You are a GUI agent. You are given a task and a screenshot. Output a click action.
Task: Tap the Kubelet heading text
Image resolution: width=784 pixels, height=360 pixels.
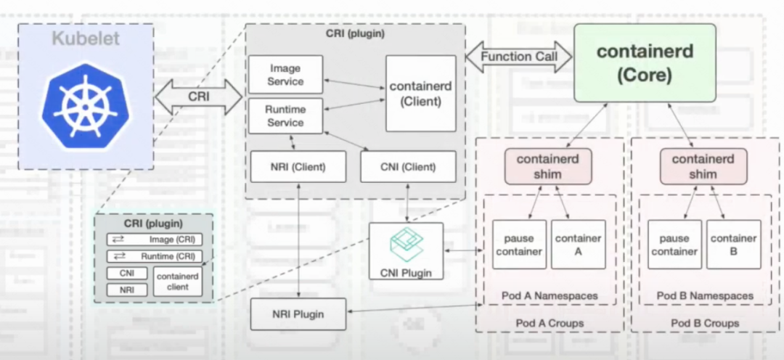86,38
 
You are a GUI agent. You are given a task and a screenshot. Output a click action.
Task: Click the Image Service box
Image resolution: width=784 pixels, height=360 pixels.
285,75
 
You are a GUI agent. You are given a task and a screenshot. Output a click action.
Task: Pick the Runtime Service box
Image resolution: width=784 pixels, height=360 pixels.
285,116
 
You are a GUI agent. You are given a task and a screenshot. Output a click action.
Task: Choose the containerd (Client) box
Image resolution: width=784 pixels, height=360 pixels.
420,94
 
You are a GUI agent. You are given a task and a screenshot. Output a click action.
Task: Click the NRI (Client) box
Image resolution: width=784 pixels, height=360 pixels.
298,167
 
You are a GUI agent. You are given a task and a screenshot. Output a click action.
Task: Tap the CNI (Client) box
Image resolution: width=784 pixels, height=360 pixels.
408,167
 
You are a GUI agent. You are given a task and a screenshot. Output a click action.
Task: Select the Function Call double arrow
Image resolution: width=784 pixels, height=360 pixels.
519,56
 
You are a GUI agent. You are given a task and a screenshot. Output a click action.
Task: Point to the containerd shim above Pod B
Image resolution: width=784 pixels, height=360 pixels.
703,167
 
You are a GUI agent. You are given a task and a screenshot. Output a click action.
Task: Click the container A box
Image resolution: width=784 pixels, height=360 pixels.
578,245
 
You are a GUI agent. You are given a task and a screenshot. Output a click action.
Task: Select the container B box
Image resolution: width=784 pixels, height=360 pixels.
733,245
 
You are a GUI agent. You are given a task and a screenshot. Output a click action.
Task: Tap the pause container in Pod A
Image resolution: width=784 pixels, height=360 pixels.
519,245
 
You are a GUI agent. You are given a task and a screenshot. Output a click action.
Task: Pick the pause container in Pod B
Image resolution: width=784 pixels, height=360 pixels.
674,245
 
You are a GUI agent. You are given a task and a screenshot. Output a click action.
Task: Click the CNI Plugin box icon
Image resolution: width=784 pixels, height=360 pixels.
406,245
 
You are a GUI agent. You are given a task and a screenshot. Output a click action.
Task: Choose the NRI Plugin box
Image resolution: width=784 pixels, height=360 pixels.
298,314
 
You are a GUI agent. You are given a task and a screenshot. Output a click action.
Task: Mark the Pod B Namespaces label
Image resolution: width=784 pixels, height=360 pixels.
705,296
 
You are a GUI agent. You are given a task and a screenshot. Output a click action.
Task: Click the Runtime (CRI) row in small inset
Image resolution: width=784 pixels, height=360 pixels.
155,255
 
